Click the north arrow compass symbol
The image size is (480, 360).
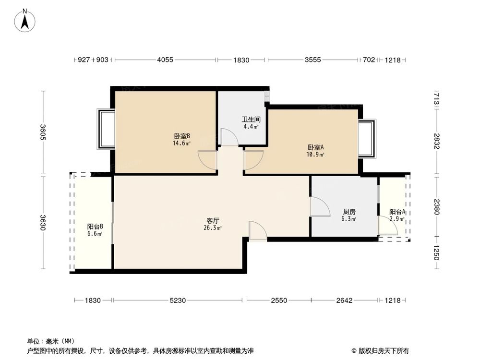pos(25,21)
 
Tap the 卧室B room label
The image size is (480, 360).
pos(182,136)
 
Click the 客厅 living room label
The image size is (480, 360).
pos(213,221)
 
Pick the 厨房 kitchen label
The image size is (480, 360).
pos(349,212)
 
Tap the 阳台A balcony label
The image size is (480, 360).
pos(397,212)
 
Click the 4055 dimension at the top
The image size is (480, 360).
pos(165,60)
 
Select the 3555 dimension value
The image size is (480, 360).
pos(312,60)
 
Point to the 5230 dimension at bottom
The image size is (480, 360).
pos(178,300)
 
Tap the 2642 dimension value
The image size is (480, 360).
pos(344,300)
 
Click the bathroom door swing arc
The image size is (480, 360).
pos(229,137)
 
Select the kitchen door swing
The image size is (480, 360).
pos(320,207)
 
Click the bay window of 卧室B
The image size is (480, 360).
pos(106,129)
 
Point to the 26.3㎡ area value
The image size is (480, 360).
pos(213,228)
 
